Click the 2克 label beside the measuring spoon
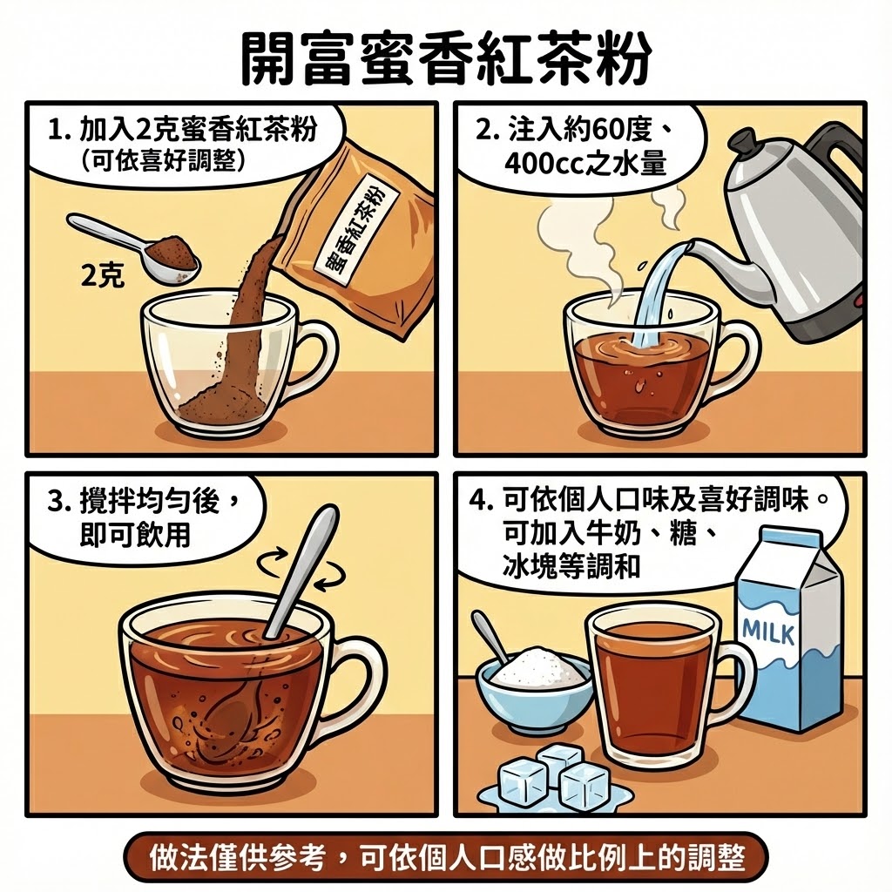click(x=103, y=276)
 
